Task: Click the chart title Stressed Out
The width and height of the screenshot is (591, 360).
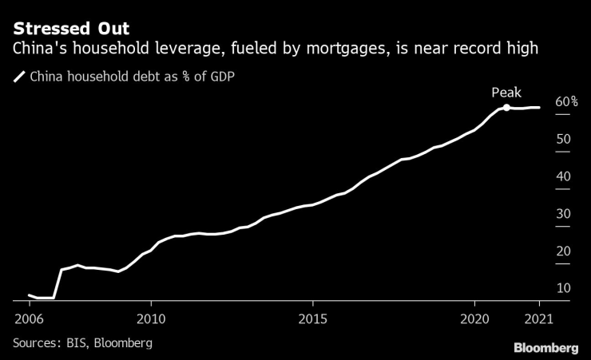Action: coord(71,30)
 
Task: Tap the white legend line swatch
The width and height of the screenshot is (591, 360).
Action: coord(19,77)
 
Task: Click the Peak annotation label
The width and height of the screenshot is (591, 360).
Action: coord(506,93)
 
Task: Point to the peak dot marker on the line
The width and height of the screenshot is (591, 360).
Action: coord(506,108)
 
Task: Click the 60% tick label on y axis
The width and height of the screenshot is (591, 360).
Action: coord(566,102)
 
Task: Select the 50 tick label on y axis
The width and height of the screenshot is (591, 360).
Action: coord(563,140)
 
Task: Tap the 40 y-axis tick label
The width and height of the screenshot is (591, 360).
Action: coord(563,176)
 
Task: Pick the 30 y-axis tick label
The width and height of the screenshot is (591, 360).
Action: coord(563,214)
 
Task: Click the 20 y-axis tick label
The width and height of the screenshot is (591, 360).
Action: coord(563,251)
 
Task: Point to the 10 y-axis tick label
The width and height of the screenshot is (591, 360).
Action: coord(563,288)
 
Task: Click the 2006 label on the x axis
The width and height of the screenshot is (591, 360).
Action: coord(29,318)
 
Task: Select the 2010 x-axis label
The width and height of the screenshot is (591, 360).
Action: coord(151,318)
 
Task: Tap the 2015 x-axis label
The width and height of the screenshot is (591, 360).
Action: coord(312,318)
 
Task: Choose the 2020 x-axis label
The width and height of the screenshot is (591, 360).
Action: coord(474,318)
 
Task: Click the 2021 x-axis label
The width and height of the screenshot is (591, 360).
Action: coord(539,318)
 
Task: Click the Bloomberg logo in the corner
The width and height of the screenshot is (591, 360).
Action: coord(545,347)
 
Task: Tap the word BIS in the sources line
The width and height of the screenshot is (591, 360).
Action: coord(78,342)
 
